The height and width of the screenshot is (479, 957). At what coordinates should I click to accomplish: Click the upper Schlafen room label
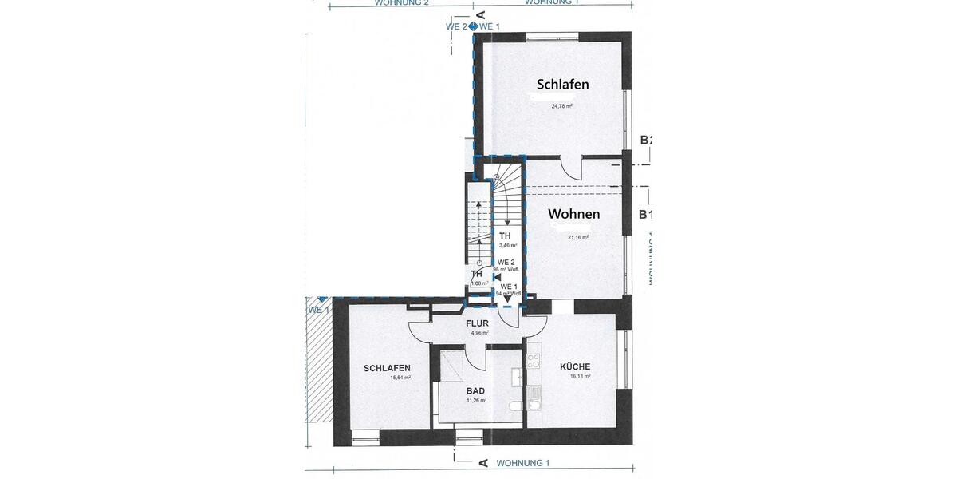[562, 85]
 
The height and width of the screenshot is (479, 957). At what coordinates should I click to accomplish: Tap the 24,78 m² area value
[562, 105]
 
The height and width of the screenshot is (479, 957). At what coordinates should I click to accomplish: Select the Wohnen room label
[573, 214]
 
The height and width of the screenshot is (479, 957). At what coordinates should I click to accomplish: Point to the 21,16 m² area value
[578, 237]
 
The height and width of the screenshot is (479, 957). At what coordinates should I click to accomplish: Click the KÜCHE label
[575, 366]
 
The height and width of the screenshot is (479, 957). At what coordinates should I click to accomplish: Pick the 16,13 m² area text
[579, 376]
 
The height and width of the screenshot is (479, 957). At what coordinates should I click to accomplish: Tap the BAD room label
[476, 391]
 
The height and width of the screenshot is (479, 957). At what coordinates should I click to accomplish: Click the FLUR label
[478, 323]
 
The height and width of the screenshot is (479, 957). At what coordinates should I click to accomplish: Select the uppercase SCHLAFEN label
[387, 368]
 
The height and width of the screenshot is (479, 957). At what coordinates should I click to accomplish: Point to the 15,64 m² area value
[400, 378]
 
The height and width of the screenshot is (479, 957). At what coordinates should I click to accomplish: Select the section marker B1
[646, 214]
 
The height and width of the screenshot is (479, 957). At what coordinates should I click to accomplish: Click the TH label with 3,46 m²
[505, 236]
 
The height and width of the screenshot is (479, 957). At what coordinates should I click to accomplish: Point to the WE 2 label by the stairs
[506, 262]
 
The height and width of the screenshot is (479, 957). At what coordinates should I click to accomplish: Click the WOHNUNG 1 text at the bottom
[523, 463]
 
